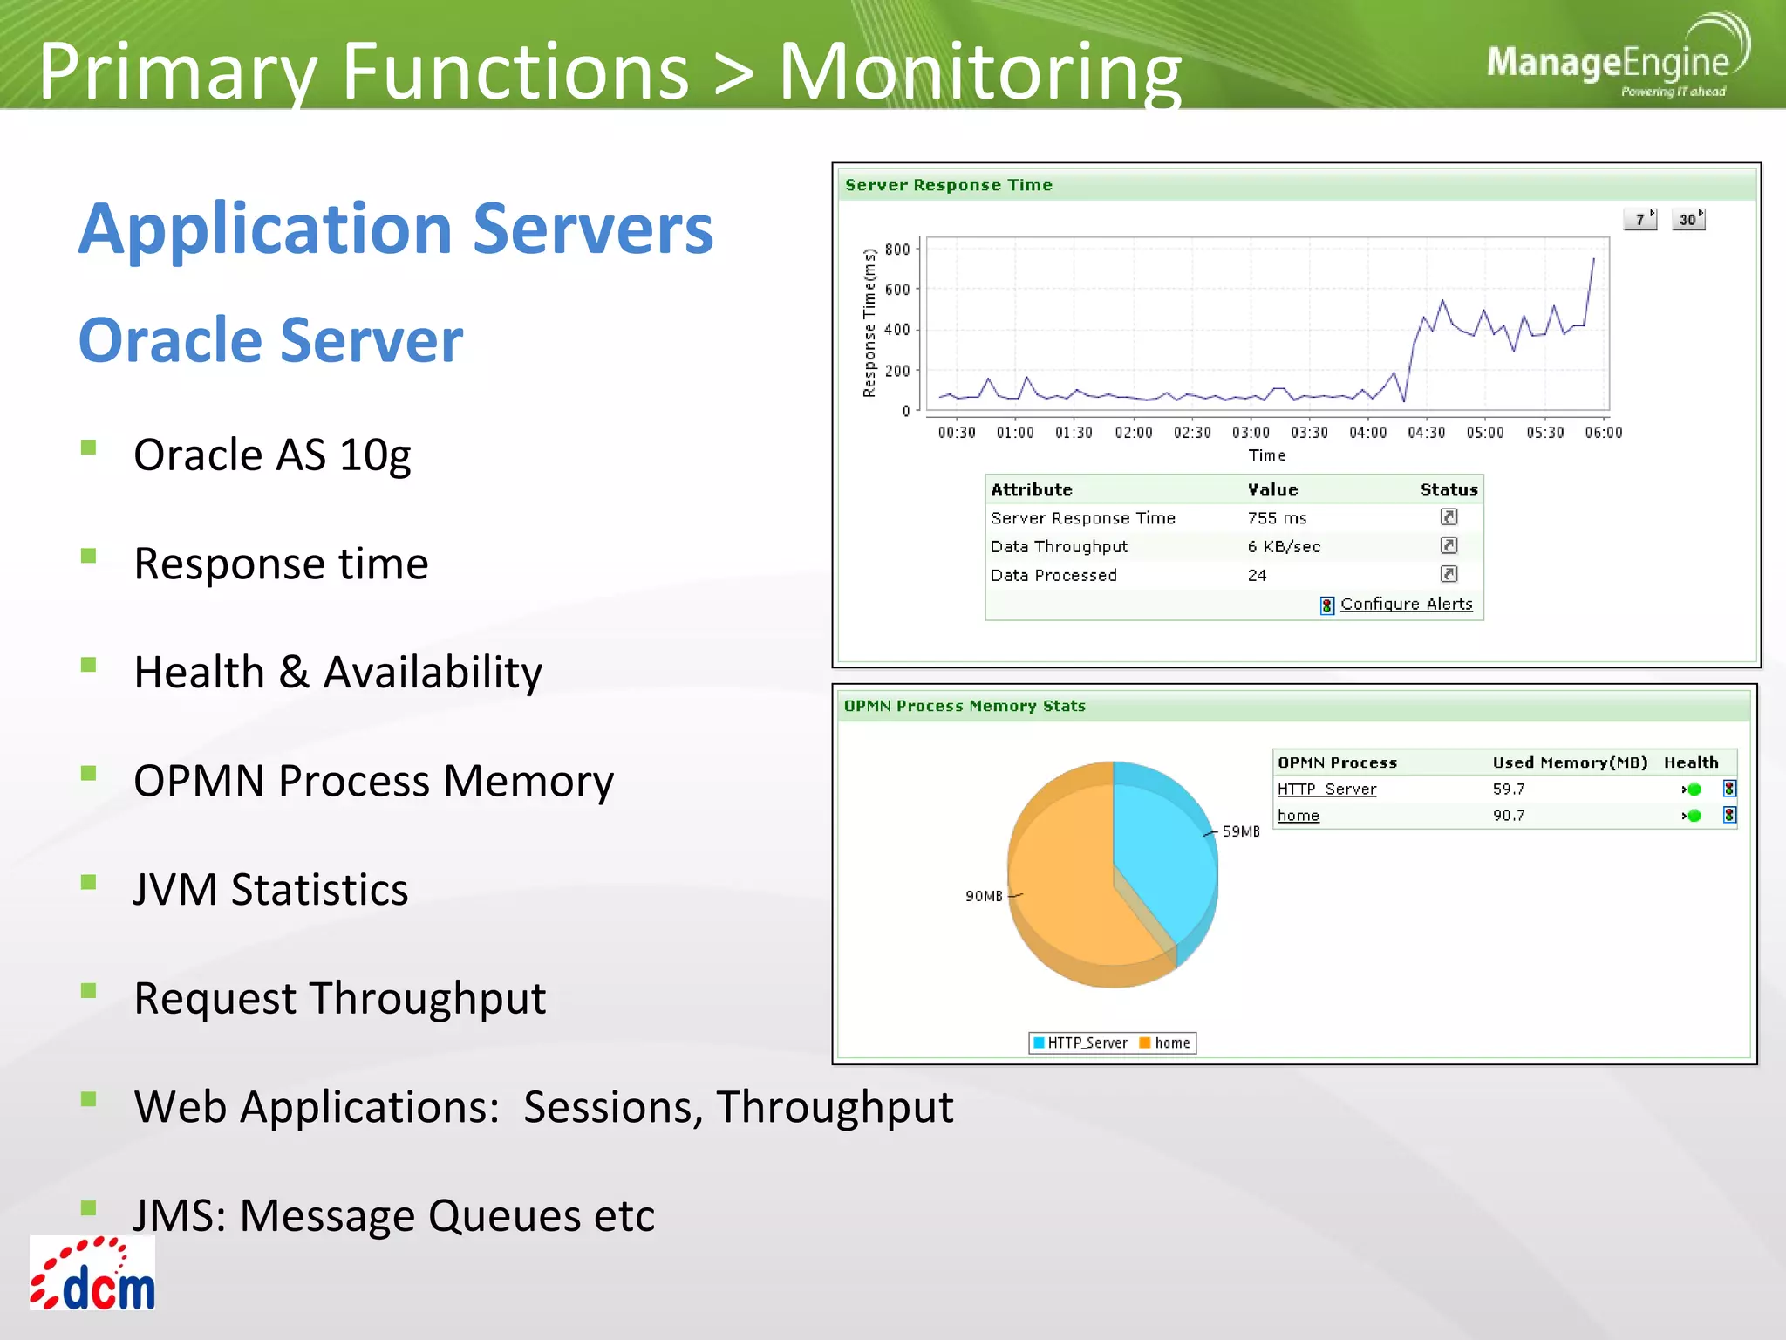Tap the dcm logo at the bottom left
point(92,1275)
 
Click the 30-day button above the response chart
point(1689,220)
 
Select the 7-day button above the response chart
point(1640,220)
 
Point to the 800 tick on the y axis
point(896,250)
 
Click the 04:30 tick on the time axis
point(1426,433)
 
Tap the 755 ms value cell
point(1277,518)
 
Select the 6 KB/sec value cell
point(1284,547)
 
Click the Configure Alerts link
point(1406,604)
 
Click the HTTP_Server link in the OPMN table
point(1326,789)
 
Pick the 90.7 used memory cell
point(1509,816)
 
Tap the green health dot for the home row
point(1694,816)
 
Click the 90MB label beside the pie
point(984,896)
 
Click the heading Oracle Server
point(270,340)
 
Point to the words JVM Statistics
point(270,890)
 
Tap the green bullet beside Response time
point(88,556)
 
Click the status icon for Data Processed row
point(1449,574)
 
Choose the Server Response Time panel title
point(948,185)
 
